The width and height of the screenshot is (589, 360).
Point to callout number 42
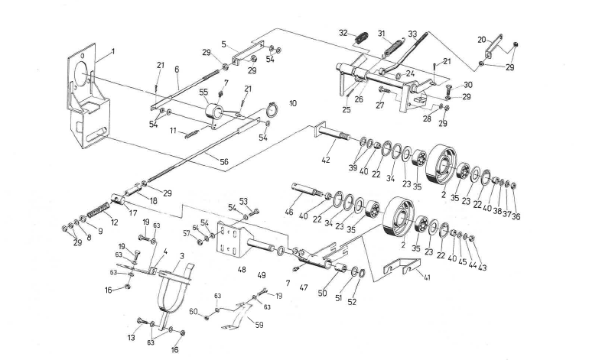pyautogui.click(x=327, y=161)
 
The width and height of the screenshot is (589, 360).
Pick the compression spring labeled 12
pyautogui.click(x=96, y=208)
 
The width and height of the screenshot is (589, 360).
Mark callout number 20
pyautogui.click(x=481, y=39)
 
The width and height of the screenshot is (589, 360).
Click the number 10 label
pyautogui.click(x=293, y=102)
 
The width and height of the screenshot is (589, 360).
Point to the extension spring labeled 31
pyautogui.click(x=392, y=47)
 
